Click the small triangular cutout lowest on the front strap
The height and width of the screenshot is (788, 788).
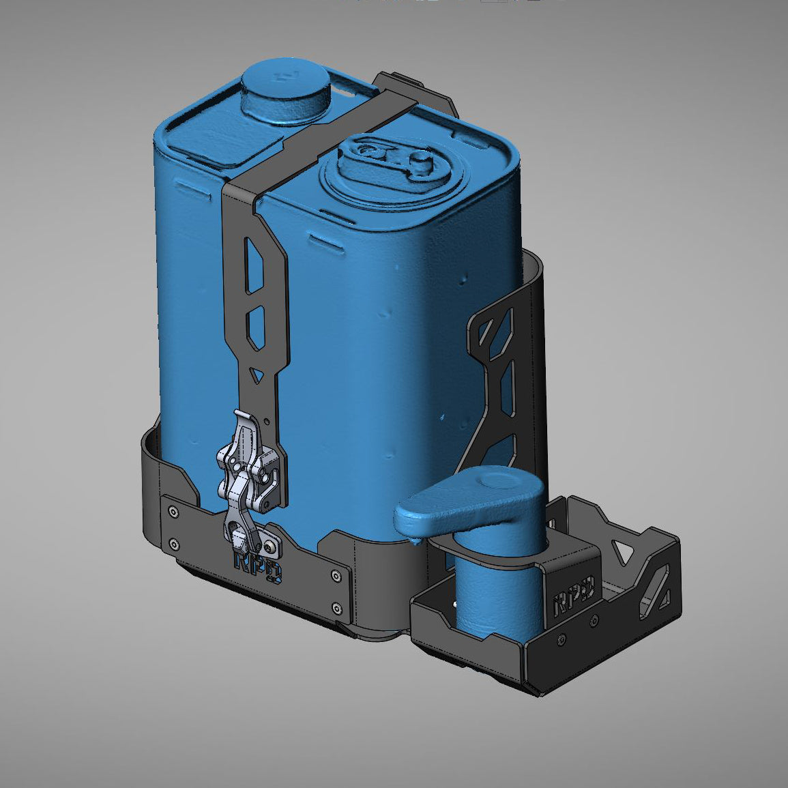pyautogui.click(x=255, y=375)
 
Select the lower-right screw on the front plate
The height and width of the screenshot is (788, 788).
pyautogui.click(x=335, y=607)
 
